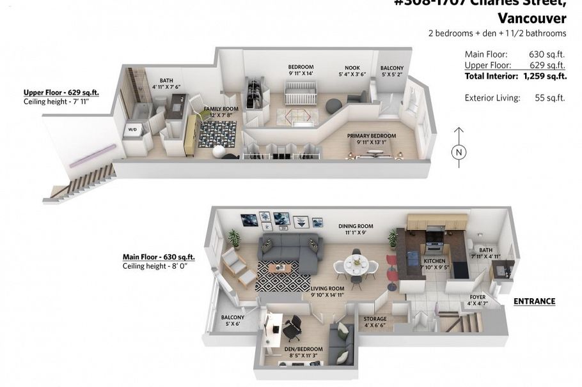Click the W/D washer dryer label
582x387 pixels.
click(132, 130)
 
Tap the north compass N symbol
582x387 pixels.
click(458, 152)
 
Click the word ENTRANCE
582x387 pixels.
click(534, 301)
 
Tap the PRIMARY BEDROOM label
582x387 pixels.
click(371, 135)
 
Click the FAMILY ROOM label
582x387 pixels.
click(221, 109)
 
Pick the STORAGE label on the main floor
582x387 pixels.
click(375, 319)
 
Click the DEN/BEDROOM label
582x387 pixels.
click(304, 349)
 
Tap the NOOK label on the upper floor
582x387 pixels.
click(352, 68)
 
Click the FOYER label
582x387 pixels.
click(477, 297)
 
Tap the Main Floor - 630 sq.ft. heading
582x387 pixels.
click(158, 257)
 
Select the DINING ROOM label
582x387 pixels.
click(356, 226)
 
